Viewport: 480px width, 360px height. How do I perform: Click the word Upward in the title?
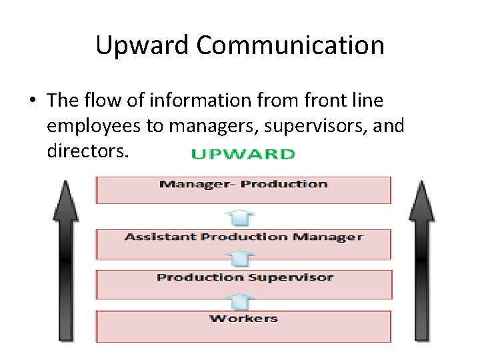pos(143,46)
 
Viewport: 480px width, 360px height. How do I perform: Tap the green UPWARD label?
pos(243,154)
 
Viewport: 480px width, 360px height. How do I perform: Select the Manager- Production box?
pos(243,190)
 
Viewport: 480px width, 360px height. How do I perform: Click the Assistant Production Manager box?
pos(243,244)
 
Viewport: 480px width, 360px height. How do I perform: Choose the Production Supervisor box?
pos(243,283)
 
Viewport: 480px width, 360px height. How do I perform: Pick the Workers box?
pos(243,325)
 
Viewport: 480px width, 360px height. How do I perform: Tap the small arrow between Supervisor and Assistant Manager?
pos(243,261)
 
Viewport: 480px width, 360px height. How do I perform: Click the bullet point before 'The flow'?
pos(32,101)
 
